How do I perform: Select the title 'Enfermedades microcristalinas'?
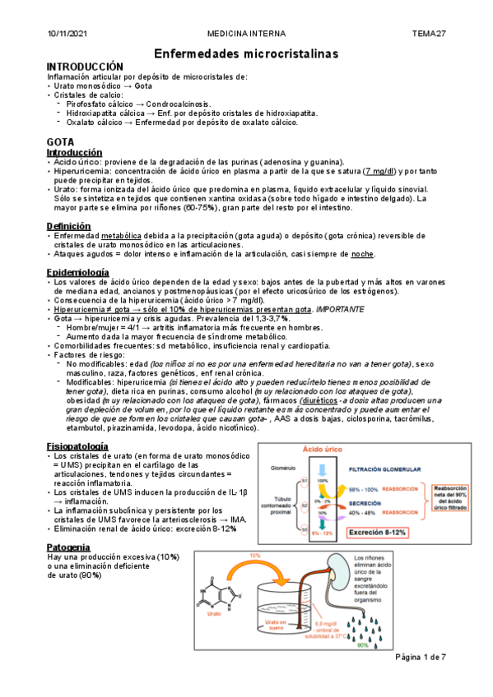click(x=247, y=53)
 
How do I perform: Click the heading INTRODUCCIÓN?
click(x=85, y=67)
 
